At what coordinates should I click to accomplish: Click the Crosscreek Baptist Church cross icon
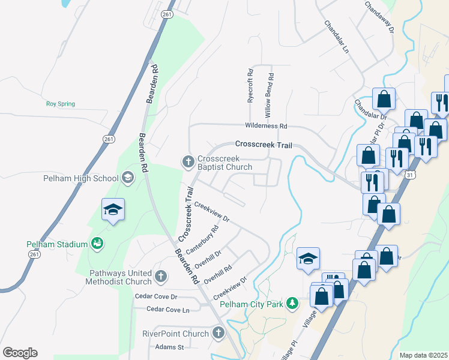click(188, 161)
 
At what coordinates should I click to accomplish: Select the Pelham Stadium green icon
click(97, 244)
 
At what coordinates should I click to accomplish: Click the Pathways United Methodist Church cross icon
click(160, 276)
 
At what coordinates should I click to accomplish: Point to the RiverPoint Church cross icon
click(218, 332)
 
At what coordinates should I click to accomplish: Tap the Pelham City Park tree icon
click(292, 304)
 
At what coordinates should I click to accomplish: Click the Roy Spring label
click(61, 104)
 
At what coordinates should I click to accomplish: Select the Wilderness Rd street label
click(266, 126)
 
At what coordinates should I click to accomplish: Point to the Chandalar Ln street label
click(336, 37)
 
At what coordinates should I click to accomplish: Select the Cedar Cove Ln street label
click(169, 310)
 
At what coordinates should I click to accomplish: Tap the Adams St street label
click(169, 347)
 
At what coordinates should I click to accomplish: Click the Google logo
click(20, 353)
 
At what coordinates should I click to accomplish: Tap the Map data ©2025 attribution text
click(423, 355)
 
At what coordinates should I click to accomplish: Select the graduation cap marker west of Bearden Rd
click(113, 211)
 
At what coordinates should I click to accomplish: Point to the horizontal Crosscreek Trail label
click(264, 145)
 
